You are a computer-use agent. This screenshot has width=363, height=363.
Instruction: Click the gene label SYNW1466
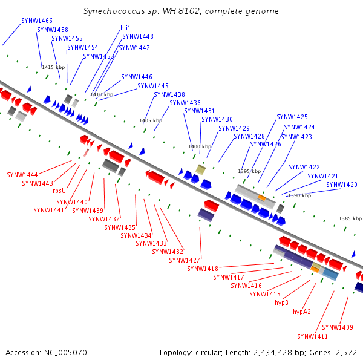click(37, 21)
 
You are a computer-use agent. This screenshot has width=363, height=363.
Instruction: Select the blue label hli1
click(125, 28)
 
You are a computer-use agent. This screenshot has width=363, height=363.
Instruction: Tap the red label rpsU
click(59, 191)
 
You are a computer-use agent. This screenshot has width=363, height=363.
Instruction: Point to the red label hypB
click(281, 302)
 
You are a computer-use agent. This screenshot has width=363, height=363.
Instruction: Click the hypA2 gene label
click(302, 312)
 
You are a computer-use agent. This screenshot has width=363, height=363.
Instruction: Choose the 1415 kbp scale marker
click(53, 67)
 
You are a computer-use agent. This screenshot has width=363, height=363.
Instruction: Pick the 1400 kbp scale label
click(200, 146)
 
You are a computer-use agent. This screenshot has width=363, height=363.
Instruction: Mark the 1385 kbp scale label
click(350, 218)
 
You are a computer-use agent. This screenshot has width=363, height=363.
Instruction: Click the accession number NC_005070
click(65, 353)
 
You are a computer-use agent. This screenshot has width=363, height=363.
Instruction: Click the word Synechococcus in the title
click(114, 11)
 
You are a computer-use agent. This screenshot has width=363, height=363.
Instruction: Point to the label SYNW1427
click(185, 260)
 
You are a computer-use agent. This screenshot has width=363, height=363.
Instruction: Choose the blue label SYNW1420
click(342, 185)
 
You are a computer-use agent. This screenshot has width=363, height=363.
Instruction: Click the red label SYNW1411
click(313, 336)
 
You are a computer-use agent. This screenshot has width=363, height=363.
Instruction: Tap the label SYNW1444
click(22, 175)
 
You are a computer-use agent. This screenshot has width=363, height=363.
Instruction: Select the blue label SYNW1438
click(169, 95)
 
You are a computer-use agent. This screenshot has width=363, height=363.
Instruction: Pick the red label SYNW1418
click(203, 269)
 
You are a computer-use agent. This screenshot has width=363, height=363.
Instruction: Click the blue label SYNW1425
click(292, 117)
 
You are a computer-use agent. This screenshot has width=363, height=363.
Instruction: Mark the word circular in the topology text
click(209, 353)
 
